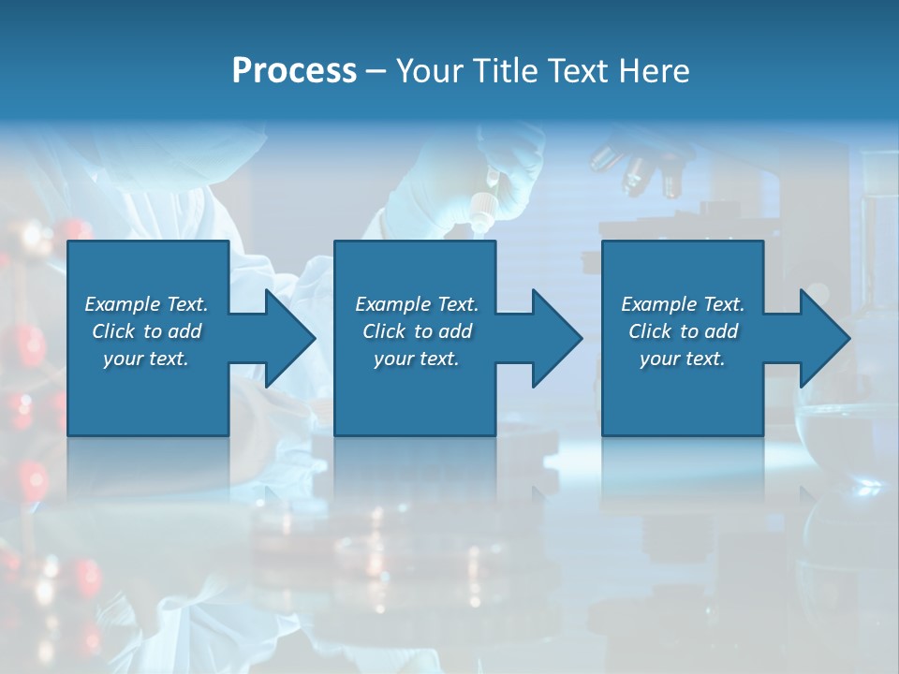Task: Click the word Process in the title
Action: [x=294, y=71]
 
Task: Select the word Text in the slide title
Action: [x=574, y=71]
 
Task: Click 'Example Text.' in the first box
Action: [x=147, y=304]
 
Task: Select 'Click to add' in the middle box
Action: [x=417, y=331]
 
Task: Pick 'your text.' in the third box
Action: [x=683, y=359]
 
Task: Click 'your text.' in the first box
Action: [x=147, y=359]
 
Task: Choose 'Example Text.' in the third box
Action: [x=683, y=304]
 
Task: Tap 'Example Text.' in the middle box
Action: [x=417, y=304]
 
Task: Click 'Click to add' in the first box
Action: [x=147, y=331]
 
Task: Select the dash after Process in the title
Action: [x=376, y=71]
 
